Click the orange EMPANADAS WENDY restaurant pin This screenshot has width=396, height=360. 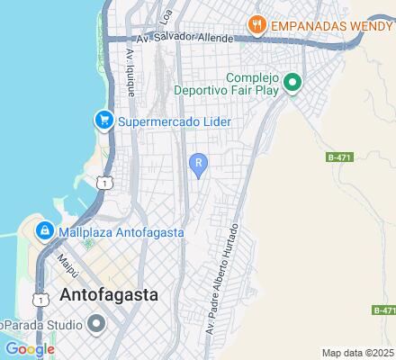(x=256, y=25)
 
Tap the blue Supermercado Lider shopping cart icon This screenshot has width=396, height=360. (x=104, y=121)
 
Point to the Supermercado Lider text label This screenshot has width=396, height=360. (x=175, y=121)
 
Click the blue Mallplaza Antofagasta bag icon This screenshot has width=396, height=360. (x=42, y=231)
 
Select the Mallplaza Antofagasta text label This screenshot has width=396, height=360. (x=121, y=232)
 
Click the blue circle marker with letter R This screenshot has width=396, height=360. (x=198, y=163)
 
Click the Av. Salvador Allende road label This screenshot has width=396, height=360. (x=181, y=38)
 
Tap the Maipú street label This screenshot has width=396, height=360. (x=64, y=265)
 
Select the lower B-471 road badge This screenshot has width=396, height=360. (x=382, y=310)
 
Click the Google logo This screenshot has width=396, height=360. (x=30, y=349)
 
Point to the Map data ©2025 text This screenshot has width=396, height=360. (x=358, y=353)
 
